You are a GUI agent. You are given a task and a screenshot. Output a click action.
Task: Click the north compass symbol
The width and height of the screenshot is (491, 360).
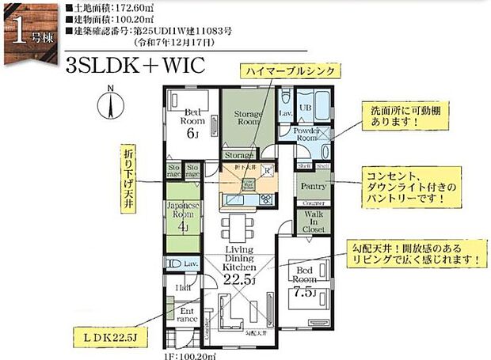coord(111,104)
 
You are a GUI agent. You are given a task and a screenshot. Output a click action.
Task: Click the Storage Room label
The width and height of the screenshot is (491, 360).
coord(247,119)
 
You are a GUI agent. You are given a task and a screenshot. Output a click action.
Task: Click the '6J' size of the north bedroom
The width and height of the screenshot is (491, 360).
coord(191,133)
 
